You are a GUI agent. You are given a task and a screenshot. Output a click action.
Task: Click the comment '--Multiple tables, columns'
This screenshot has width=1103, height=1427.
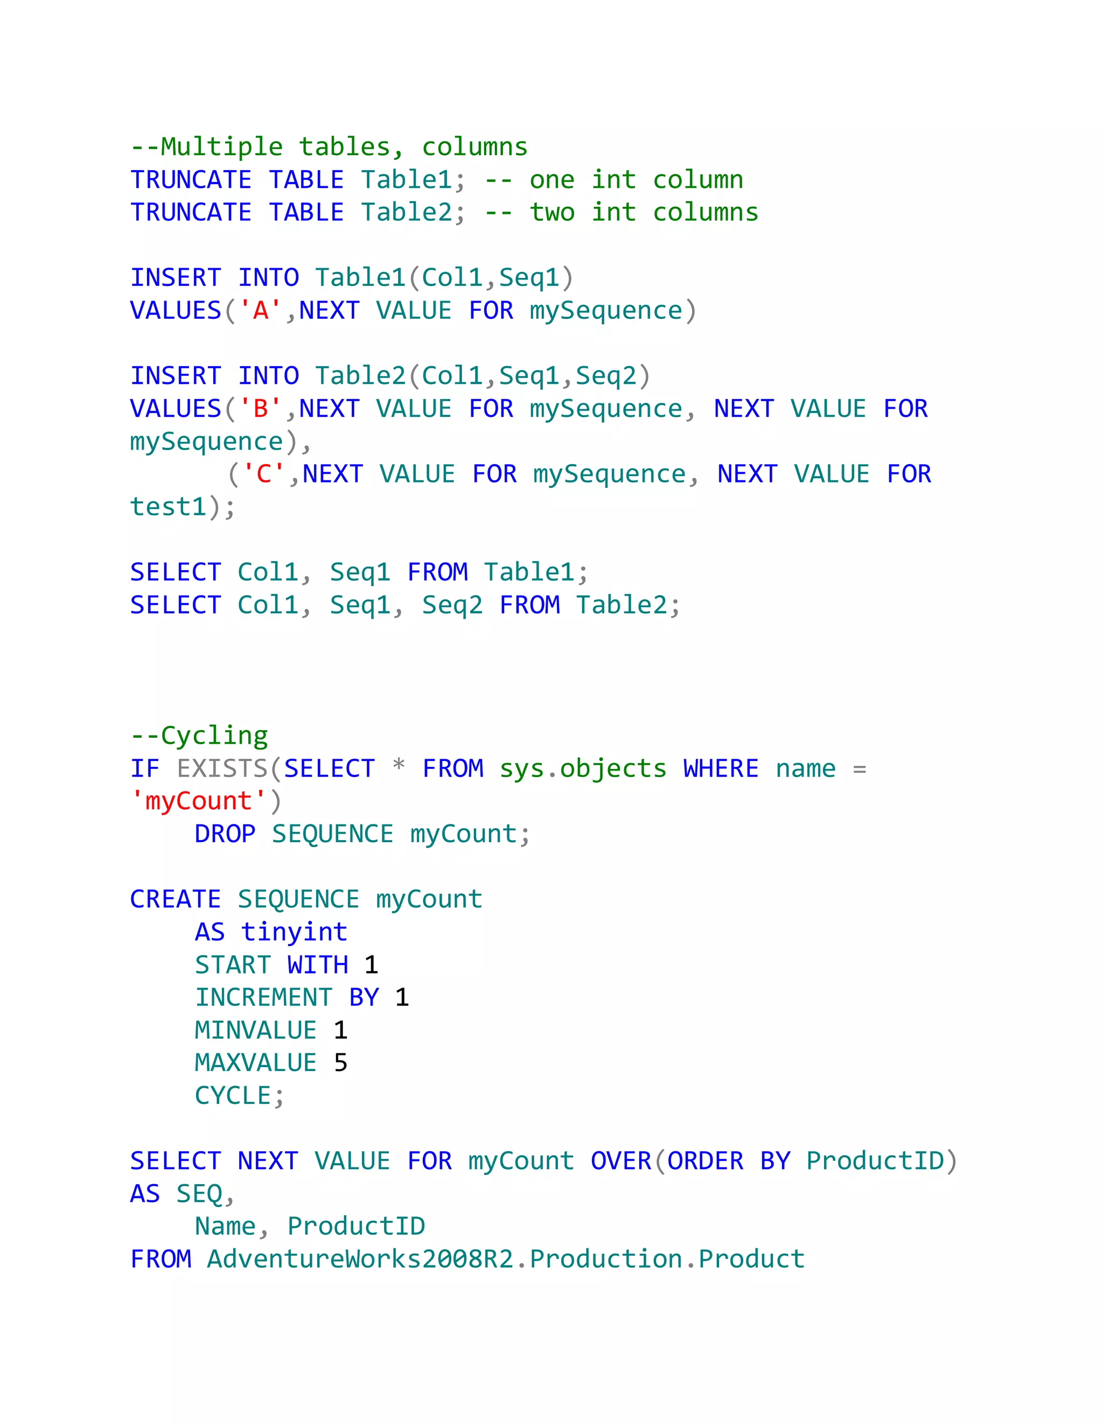(329, 147)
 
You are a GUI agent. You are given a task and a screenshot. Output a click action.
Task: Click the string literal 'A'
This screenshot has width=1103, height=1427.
(261, 310)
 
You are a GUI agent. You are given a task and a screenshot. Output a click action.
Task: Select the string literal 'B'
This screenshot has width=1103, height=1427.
(261, 409)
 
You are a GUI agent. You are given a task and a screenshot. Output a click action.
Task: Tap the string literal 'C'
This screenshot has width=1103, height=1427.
(264, 474)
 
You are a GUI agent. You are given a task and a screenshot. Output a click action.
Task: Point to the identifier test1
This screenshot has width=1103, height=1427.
(169, 507)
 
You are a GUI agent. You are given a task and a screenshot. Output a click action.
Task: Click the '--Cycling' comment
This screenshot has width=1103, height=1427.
(199, 736)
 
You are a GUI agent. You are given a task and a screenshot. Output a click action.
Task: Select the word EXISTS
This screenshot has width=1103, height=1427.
(222, 768)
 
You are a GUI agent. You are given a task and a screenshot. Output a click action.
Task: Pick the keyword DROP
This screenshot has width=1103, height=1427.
(225, 834)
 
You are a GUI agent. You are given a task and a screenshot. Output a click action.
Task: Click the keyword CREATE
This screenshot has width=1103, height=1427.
(175, 900)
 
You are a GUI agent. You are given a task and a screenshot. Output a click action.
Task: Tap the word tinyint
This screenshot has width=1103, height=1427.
(294, 932)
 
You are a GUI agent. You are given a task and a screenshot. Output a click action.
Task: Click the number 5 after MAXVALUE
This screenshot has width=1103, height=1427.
(340, 1063)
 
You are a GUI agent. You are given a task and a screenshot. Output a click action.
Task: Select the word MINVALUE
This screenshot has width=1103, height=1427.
(255, 1030)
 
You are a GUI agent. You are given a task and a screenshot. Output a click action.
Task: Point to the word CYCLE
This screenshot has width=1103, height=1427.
(233, 1096)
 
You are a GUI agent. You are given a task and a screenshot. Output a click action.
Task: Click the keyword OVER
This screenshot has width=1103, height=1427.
(621, 1161)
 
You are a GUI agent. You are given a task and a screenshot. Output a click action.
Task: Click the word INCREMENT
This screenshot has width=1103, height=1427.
(264, 998)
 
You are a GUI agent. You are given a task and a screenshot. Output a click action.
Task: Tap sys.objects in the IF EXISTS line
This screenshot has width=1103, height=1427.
(583, 768)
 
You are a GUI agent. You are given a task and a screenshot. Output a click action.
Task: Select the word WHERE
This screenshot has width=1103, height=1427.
(721, 768)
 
